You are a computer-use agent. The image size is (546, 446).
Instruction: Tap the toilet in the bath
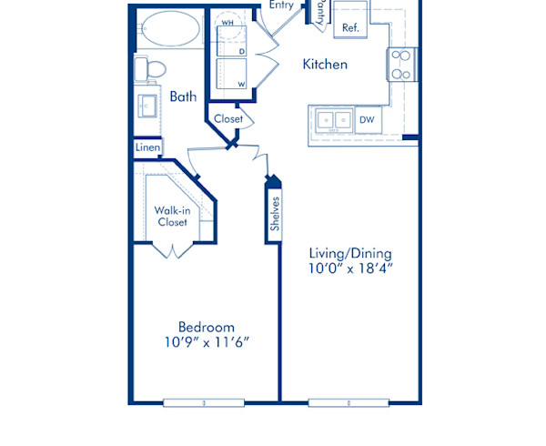coord(152,69)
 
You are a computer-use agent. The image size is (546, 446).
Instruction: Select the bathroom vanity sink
coord(147,104)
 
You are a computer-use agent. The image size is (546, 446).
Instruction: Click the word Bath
coord(184,96)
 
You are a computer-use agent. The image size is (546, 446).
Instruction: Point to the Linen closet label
coord(147,147)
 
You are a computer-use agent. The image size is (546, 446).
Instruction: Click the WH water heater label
coord(227,21)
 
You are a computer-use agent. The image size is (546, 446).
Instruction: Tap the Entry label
coord(281,5)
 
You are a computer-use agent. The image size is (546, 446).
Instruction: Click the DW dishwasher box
coord(367,119)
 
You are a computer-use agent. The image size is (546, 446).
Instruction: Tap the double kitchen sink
coord(332,119)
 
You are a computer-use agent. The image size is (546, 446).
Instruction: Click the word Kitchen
coord(325,65)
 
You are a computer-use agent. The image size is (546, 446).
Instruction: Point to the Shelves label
coord(274,215)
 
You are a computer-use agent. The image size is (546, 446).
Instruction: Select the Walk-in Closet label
coord(171,216)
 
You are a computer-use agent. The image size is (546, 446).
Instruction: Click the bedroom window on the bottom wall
coord(204,401)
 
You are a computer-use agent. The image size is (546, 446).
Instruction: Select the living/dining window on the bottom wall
coord(349,401)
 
